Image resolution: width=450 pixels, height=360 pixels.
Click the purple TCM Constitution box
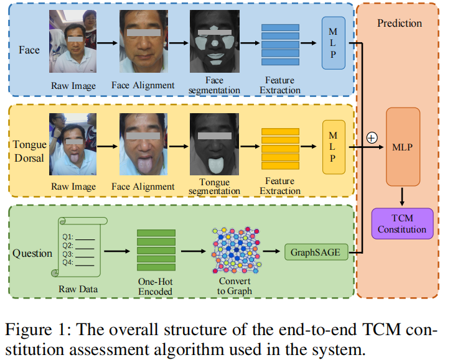tap(402, 224)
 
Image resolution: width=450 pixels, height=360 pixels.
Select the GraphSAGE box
tap(316, 252)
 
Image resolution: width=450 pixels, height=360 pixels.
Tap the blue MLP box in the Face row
tap(333, 43)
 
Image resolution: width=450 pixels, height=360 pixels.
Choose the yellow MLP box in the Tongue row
tap(333, 147)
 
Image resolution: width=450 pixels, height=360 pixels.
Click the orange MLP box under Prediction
tap(403, 148)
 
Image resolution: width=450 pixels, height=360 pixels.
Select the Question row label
tap(32, 253)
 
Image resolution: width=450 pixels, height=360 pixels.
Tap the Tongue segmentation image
tap(214, 145)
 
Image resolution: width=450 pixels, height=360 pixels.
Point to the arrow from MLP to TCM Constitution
tap(402, 196)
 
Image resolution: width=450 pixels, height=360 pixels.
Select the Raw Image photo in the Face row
tap(72, 43)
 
